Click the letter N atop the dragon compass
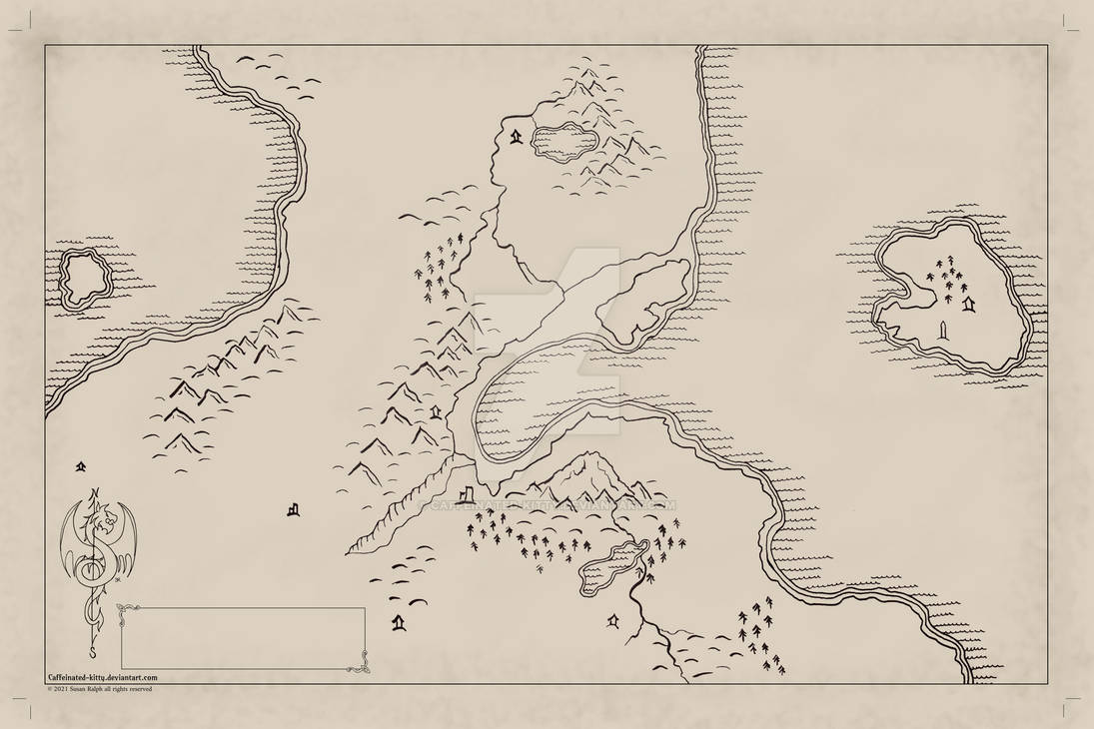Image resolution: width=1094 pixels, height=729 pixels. (96, 492)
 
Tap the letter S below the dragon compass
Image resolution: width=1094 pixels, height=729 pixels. (93, 654)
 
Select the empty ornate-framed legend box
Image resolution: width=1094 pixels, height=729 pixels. (243, 638)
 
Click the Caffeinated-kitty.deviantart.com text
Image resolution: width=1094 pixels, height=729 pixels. (102, 677)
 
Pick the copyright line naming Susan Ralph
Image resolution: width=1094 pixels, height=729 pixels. (100, 688)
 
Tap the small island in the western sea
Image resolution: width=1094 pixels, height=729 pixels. (85, 278)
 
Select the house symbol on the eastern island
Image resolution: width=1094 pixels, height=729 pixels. (967, 301)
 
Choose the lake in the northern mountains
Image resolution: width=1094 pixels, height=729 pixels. (564, 141)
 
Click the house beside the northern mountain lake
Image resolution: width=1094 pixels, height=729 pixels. (516, 137)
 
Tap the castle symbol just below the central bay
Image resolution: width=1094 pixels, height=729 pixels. (468, 495)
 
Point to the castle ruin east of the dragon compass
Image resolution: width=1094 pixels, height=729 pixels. (293, 509)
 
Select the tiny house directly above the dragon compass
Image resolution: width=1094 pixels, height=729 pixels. (80, 466)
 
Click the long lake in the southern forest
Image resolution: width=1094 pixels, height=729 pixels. (612, 565)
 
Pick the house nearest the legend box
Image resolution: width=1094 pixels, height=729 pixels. (399, 623)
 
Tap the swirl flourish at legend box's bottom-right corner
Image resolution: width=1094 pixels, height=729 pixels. (361, 662)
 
